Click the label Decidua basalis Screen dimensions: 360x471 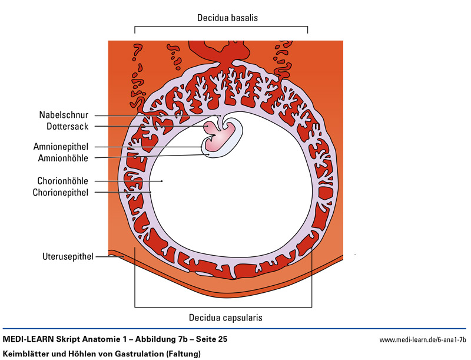coord(227,18)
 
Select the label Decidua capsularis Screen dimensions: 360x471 coord(225,318)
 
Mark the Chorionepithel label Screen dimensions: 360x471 coord(61,191)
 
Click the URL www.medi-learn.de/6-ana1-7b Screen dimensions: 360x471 coord(423,340)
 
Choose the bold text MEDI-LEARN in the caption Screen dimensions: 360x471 coord(29,339)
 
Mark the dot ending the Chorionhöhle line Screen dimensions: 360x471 coord(161,181)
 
